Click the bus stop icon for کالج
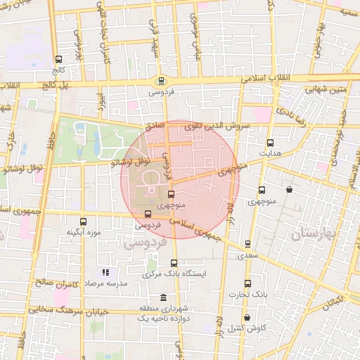click(x=58, y=60)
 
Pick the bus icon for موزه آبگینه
click(x=84, y=221)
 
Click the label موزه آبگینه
click(x=84, y=232)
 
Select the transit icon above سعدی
click(x=247, y=244)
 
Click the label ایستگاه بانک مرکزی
click(x=173, y=274)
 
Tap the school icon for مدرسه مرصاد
click(x=105, y=272)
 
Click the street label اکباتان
click(x=331, y=301)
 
